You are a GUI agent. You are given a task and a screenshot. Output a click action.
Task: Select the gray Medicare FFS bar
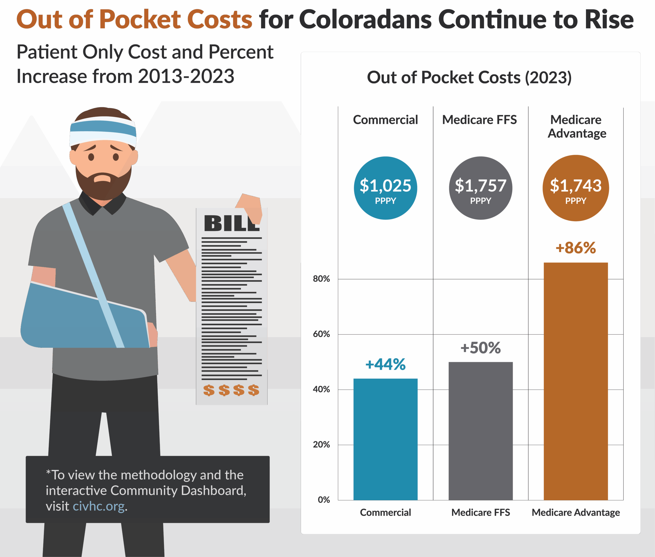point(480,431)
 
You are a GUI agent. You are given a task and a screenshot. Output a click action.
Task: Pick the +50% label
point(480,348)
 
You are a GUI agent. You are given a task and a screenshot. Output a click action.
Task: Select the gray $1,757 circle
point(480,188)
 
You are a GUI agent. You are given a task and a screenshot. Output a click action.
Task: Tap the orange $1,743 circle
point(575,188)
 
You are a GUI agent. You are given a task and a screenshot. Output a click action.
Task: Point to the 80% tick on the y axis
point(321,279)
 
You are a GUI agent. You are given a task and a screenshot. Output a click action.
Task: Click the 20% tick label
point(321,445)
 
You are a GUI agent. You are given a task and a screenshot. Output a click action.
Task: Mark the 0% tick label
point(324,500)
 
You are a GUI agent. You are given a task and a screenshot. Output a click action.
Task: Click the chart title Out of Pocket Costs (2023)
point(469,78)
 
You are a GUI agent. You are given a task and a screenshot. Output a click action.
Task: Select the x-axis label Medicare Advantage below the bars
point(575,513)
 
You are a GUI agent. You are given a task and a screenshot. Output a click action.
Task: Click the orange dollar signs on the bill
point(231,390)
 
